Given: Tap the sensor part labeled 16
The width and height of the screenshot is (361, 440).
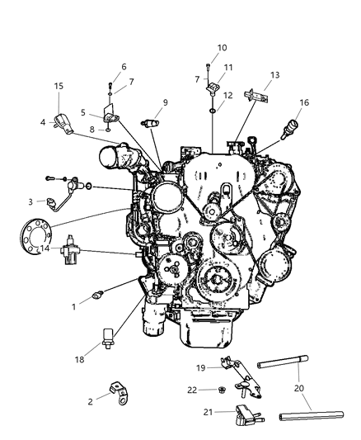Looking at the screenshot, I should (x=290, y=128).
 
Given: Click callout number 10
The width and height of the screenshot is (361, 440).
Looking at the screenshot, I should (x=222, y=47).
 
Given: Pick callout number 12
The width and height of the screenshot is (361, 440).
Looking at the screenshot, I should (x=228, y=95).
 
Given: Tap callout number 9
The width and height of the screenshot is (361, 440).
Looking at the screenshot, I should (x=166, y=102).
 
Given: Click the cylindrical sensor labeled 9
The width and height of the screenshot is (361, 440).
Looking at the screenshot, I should (x=151, y=122).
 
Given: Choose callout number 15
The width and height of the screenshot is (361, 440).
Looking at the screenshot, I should (x=59, y=86).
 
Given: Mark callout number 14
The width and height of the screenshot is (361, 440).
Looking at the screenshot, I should (x=46, y=248).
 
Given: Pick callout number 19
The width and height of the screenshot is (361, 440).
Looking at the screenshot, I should (x=200, y=367).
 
